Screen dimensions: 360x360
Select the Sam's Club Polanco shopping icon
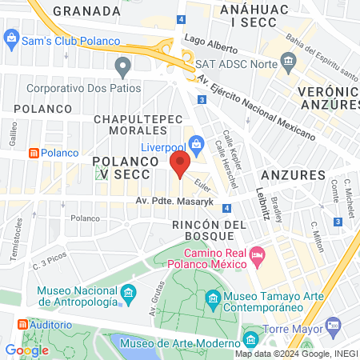pyautogui.click(x=11, y=37)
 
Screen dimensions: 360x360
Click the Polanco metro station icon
pyautogui.click(x=34, y=152)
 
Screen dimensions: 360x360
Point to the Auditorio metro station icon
pyautogui.click(x=22, y=325)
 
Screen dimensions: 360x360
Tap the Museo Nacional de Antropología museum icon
pyautogui.click(x=128, y=296)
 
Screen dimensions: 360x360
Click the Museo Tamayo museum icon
pyautogui.click(x=213, y=300)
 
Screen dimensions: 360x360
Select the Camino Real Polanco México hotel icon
pyautogui.click(x=257, y=256)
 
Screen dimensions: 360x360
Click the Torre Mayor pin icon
pyautogui.click(x=333, y=326)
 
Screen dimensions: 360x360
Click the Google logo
pyautogui.click(x=26, y=350)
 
